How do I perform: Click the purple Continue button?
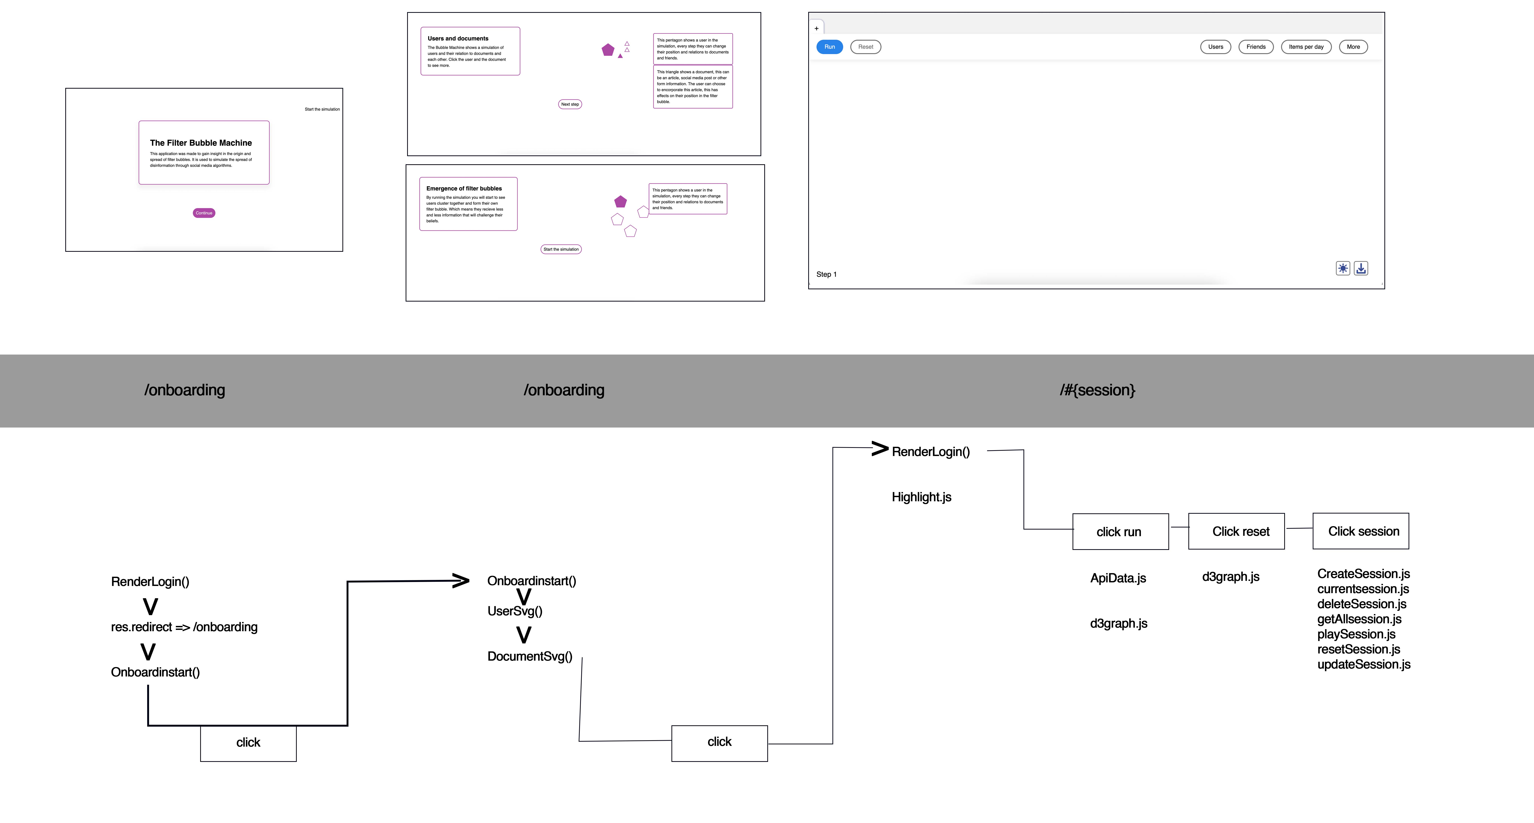tap(204, 213)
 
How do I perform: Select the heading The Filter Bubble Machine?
tap(201, 143)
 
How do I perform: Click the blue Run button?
tap(829, 47)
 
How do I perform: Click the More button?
tap(1353, 47)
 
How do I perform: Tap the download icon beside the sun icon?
tap(1361, 268)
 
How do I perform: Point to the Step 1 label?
tap(826, 274)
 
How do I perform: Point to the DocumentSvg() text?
tap(529, 656)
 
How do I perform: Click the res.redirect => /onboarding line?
tap(184, 627)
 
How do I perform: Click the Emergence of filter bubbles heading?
tap(464, 189)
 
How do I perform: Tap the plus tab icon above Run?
tap(816, 28)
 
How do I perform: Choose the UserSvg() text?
tap(514, 611)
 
